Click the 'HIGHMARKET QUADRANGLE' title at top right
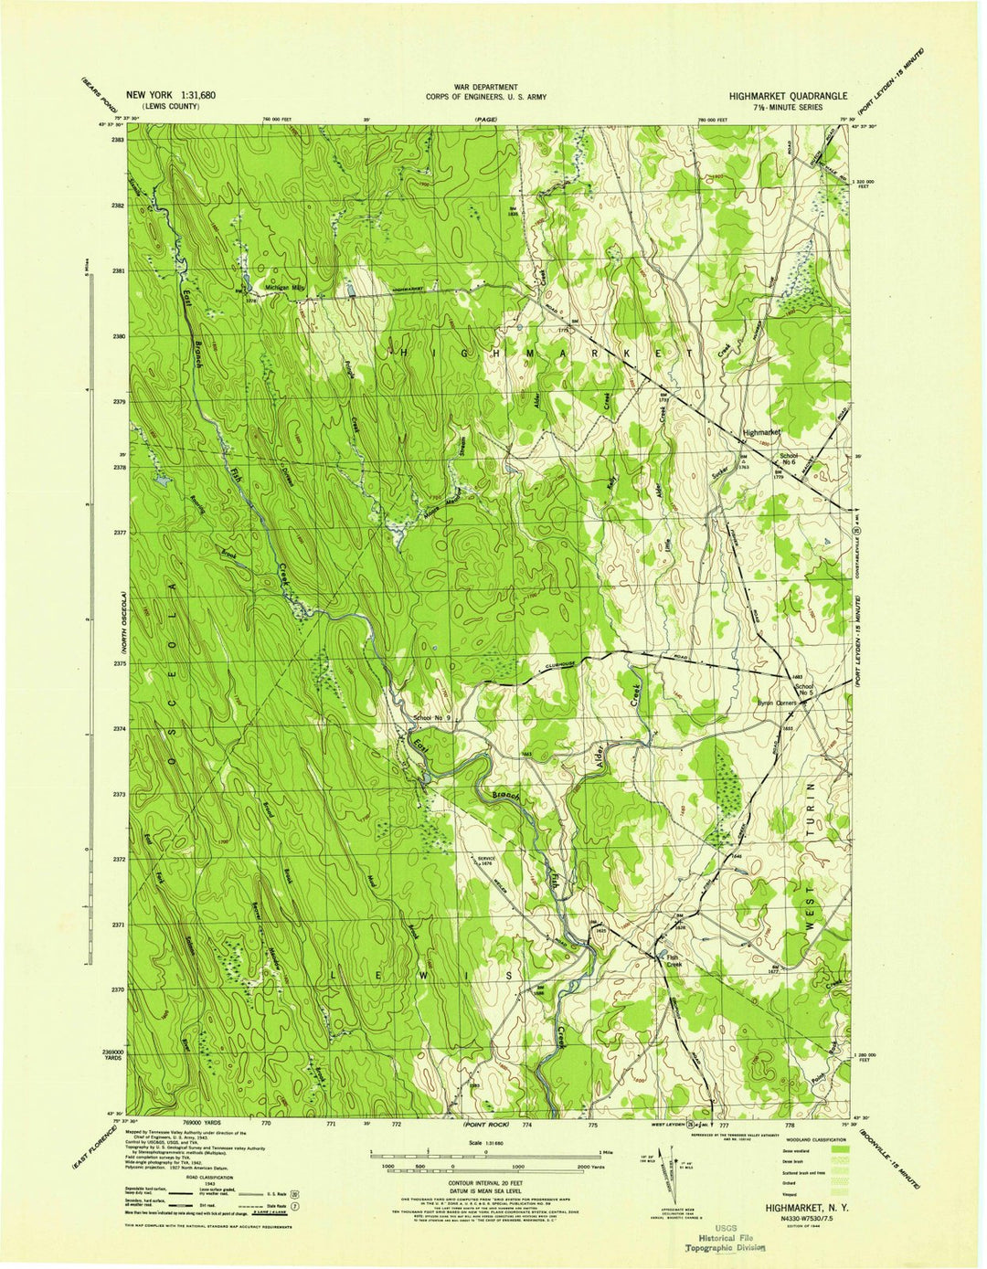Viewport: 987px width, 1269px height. [x=787, y=95]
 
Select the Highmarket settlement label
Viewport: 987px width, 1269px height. [x=764, y=431]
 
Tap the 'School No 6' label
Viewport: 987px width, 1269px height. [x=788, y=459]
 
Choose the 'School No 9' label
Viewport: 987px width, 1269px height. [x=432, y=718]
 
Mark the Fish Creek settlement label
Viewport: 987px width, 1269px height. [x=674, y=960]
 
